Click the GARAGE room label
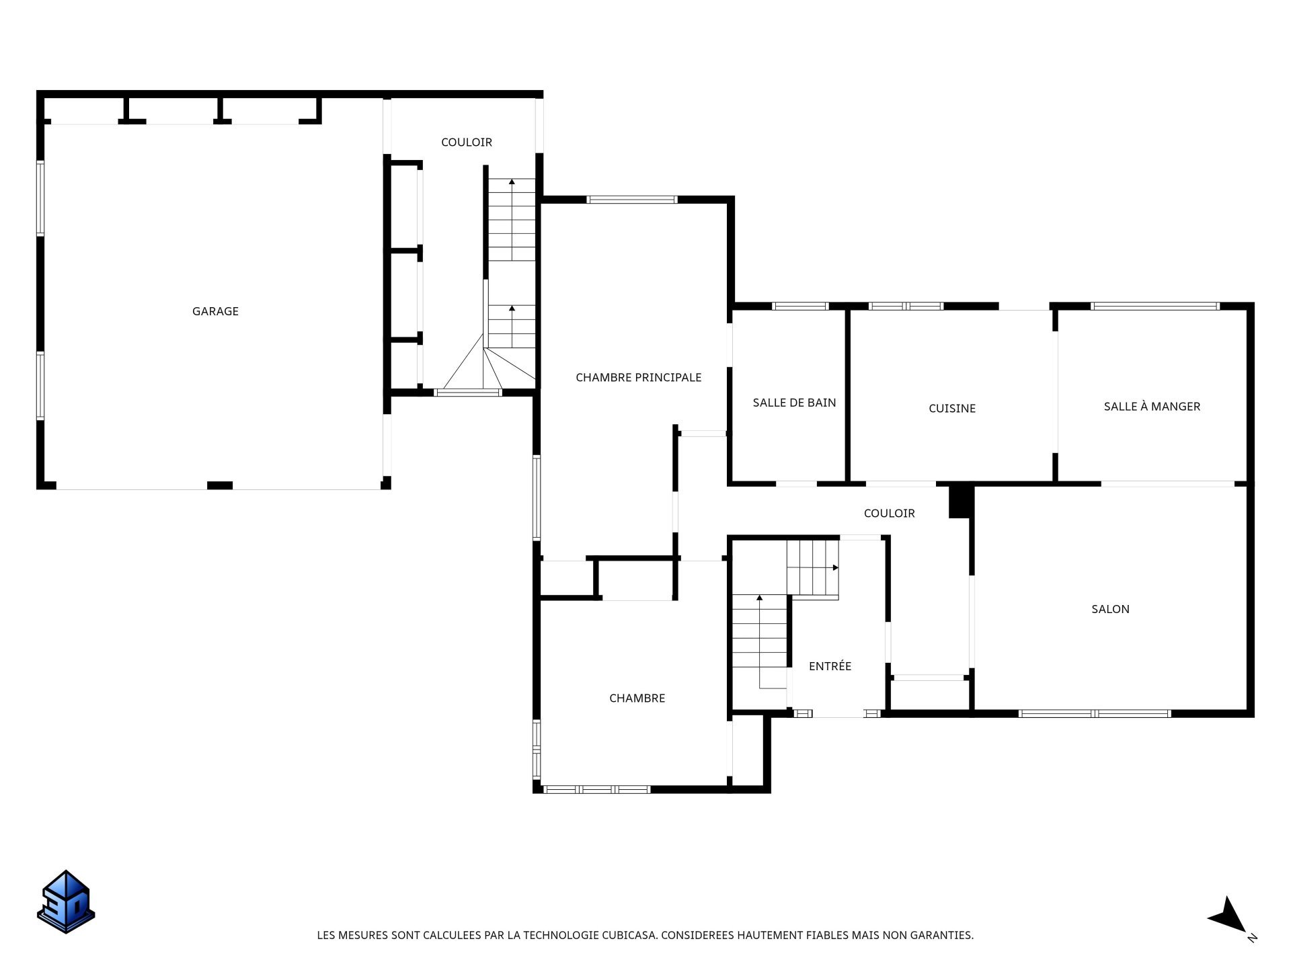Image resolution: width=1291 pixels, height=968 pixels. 215,311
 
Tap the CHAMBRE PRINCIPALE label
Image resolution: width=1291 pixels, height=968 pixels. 638,378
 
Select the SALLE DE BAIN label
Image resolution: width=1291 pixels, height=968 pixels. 794,403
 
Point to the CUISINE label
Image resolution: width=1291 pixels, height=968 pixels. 951,408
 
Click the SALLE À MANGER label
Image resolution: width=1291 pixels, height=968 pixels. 1152,406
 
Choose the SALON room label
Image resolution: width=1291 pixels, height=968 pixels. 1110,609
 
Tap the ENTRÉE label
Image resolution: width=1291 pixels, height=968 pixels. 830,665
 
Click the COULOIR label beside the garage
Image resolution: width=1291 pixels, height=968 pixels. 467,142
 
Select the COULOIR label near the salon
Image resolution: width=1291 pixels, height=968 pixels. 889,513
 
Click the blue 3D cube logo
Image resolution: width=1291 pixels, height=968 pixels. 66,902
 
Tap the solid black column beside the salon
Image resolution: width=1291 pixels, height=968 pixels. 961,501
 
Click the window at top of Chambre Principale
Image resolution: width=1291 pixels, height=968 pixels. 632,200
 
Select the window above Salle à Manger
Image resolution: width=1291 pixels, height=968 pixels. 1155,307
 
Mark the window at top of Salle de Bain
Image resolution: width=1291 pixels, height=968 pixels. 800,307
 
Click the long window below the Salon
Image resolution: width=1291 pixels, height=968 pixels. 1095,713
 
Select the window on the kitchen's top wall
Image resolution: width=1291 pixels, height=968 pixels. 906,307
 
